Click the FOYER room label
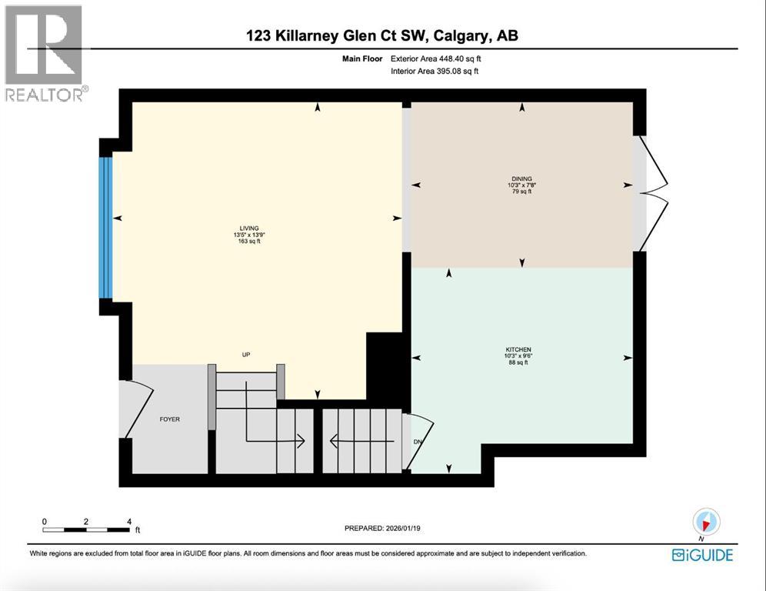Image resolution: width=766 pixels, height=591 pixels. pyautogui.click(x=169, y=419)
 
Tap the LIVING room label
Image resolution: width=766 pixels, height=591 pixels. pyautogui.click(x=249, y=228)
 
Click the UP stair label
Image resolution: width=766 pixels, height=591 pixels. pyautogui.click(x=247, y=355)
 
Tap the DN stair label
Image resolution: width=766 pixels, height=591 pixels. pyautogui.click(x=418, y=442)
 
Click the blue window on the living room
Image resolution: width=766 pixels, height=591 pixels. pyautogui.click(x=107, y=227)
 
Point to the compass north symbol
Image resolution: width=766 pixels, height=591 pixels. pyautogui.click(x=704, y=522)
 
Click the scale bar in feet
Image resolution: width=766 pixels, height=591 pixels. pyautogui.click(x=86, y=528)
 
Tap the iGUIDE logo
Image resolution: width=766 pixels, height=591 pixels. pyautogui.click(x=701, y=555)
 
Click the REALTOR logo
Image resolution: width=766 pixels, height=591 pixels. pyautogui.click(x=45, y=53)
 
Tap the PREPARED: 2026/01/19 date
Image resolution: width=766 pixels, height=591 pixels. pyautogui.click(x=385, y=529)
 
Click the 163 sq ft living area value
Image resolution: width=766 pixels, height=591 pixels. pyautogui.click(x=249, y=242)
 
